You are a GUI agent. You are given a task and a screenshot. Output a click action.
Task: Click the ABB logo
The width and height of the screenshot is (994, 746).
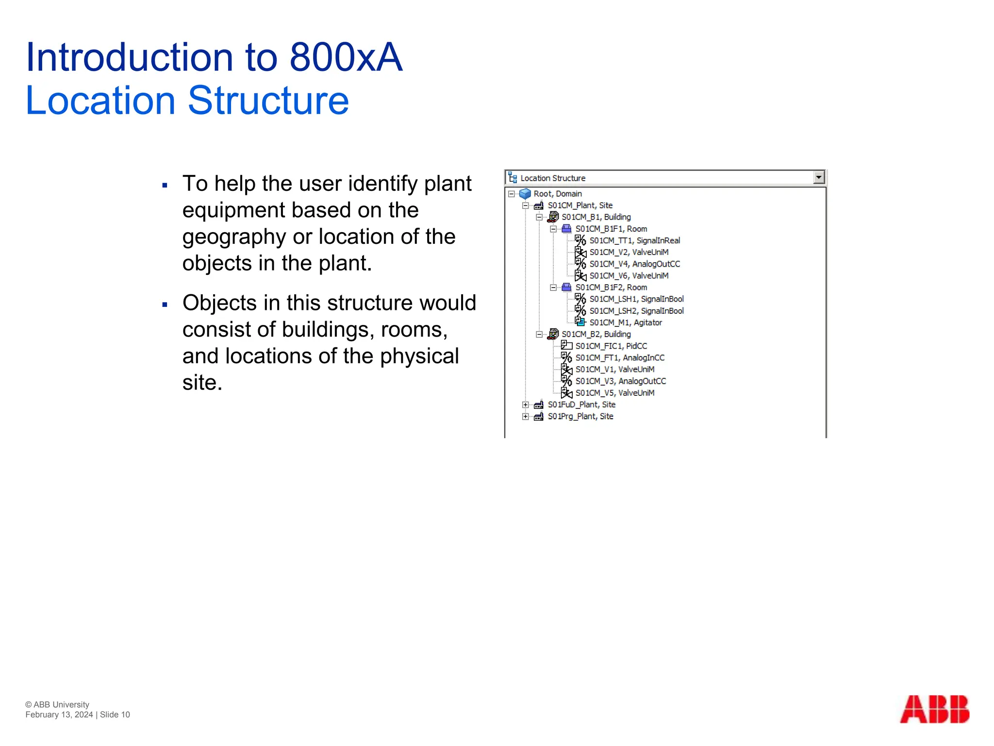coord(934,709)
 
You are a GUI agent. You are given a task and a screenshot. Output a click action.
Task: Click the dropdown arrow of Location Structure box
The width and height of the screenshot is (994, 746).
coord(819,178)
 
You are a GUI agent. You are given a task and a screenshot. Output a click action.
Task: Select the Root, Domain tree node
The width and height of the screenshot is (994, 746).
coord(557,194)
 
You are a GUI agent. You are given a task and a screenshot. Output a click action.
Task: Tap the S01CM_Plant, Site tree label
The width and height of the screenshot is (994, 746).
coord(580,205)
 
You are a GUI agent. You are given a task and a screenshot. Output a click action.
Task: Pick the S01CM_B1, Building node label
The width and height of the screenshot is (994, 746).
coord(596,217)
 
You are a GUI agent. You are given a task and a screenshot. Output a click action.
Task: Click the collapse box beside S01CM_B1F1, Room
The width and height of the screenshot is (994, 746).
coord(553,229)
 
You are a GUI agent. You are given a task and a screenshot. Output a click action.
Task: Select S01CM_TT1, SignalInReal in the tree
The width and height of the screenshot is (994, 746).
coord(634,240)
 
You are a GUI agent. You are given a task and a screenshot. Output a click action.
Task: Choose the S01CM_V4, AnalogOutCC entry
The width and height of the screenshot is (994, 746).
coord(634,264)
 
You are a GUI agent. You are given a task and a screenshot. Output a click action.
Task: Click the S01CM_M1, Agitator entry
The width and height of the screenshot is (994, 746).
coord(625,322)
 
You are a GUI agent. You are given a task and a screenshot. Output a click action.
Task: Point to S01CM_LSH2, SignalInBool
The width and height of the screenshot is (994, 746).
coord(636,311)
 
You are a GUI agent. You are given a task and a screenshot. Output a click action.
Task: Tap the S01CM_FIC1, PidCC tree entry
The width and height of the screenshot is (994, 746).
coord(611,346)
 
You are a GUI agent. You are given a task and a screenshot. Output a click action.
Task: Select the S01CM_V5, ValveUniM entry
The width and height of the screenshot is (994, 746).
coord(614,393)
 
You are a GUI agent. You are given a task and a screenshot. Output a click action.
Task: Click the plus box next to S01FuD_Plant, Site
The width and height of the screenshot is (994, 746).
coord(525,405)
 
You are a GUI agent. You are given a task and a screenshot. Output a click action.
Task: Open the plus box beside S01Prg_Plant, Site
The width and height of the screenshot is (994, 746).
coord(525,417)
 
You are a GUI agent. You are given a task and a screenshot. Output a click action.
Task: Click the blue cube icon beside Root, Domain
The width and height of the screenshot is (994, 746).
coord(525,194)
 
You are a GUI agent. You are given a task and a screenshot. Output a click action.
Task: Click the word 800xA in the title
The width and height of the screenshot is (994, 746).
coord(346,57)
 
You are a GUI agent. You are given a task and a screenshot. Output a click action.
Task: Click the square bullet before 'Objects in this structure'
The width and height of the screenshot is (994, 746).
coord(165,305)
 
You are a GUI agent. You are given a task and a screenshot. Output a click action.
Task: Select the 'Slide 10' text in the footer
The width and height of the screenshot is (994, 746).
coord(115,714)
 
